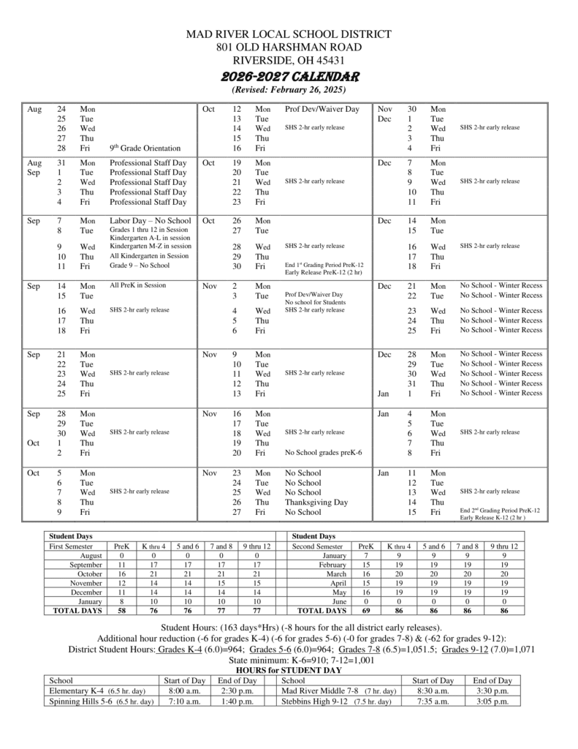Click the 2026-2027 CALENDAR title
click(x=289, y=76)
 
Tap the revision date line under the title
click(x=289, y=90)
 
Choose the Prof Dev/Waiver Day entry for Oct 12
click(x=322, y=109)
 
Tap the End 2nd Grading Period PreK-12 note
click(x=500, y=510)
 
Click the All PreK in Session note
click(x=138, y=285)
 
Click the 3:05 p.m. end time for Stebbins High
click(x=493, y=701)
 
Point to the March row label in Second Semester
click(x=338, y=575)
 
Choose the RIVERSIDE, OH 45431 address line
click(x=289, y=60)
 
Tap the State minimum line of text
click(x=289, y=659)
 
